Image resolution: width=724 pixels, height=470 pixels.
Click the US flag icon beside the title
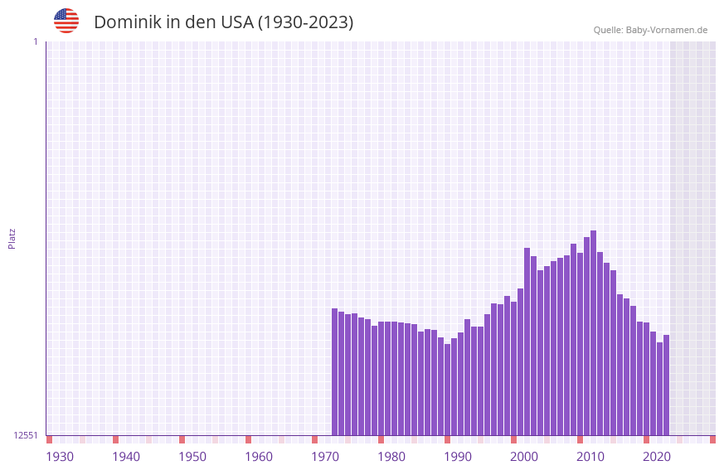click(66, 21)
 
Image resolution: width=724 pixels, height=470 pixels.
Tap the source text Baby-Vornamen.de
click(666, 30)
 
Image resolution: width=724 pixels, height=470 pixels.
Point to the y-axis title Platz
click(12, 238)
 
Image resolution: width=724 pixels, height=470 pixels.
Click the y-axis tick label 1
click(35, 41)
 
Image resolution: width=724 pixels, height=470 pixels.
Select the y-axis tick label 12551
click(26, 435)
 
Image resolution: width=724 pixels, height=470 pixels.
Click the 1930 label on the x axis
click(60, 457)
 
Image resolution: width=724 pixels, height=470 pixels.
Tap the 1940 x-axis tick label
click(126, 457)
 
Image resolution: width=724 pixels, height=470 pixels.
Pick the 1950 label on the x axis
click(192, 457)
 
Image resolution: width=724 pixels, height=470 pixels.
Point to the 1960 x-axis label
click(259, 457)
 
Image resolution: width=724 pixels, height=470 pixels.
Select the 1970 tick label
click(325, 457)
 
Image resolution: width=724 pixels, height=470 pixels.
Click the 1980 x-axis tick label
click(391, 457)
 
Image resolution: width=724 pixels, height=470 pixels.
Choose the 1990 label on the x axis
click(458, 457)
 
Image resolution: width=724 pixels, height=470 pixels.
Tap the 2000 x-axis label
click(524, 457)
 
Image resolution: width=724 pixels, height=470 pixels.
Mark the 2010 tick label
click(590, 457)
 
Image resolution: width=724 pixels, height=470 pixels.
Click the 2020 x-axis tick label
click(657, 457)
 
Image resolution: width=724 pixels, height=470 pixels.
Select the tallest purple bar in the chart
click(593, 332)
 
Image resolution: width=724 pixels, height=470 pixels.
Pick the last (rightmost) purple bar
click(666, 385)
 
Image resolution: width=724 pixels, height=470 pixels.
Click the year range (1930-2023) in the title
click(305, 22)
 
